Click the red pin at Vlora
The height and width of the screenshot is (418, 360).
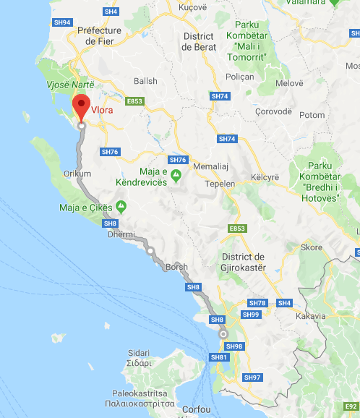(x=82, y=106)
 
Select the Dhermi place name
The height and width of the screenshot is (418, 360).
(x=121, y=234)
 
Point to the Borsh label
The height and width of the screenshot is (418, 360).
(x=176, y=267)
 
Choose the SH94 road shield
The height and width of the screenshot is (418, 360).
(x=63, y=23)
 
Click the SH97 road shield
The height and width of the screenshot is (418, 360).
(x=252, y=378)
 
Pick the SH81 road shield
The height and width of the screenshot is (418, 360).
(x=218, y=357)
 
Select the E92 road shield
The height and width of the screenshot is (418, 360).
(x=351, y=407)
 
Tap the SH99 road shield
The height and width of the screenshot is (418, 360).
(x=251, y=315)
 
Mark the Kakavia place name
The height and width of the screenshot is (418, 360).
(x=310, y=316)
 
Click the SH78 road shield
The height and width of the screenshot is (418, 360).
(x=257, y=302)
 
